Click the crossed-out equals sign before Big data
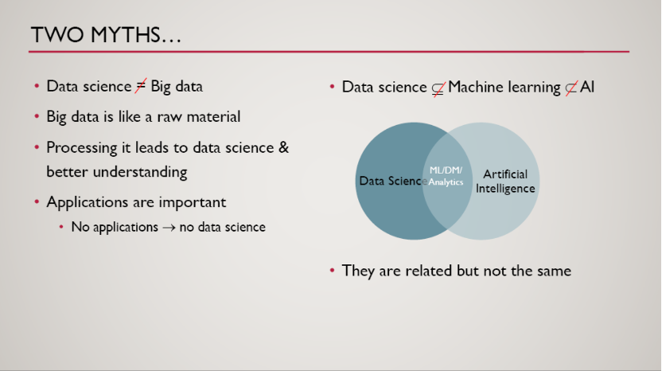(141, 86)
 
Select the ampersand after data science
(284, 147)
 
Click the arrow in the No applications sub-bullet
(169, 228)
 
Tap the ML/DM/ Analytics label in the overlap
(446, 176)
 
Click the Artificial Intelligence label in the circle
(505, 181)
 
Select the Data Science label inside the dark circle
(393, 181)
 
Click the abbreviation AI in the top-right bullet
(587, 87)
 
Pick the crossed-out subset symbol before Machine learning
(438, 88)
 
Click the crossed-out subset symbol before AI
(570, 88)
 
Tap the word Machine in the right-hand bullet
(476, 87)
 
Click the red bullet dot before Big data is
(37, 116)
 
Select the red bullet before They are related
(333, 271)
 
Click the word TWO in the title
(57, 35)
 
